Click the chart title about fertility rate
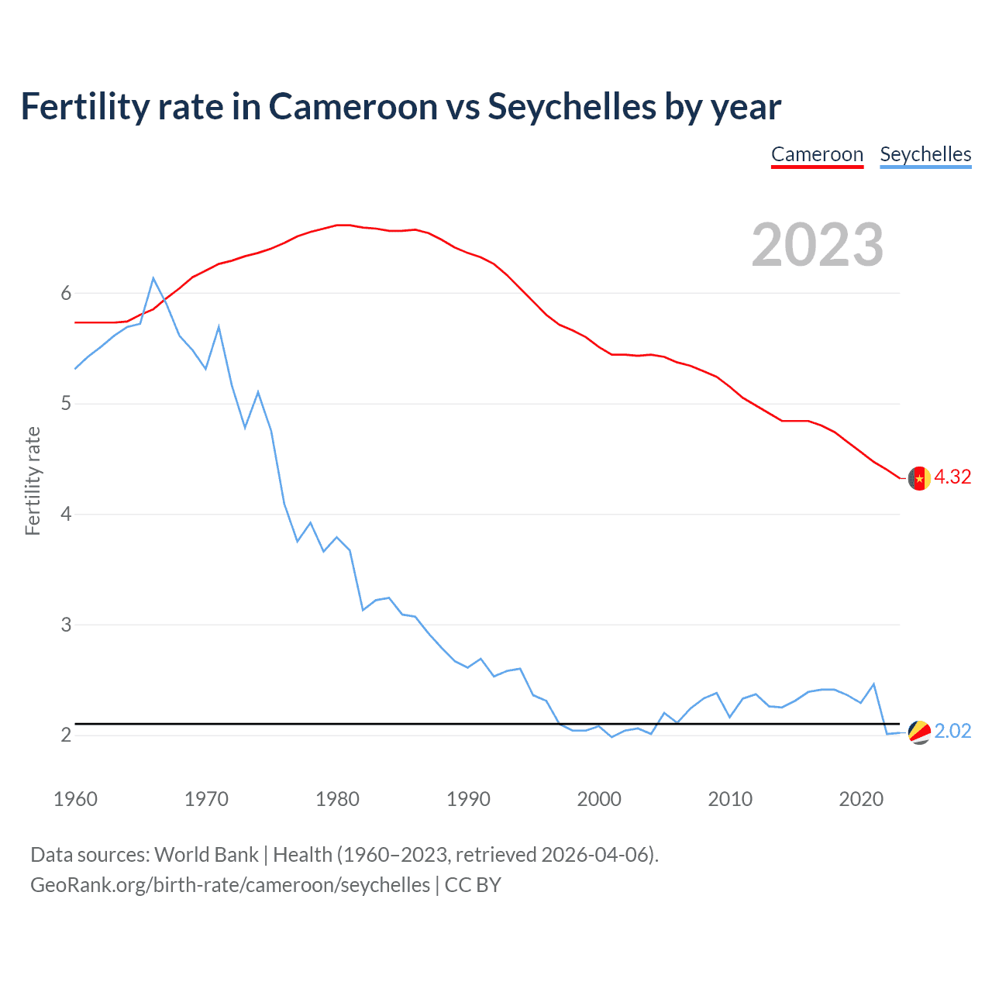401,107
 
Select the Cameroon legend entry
817,154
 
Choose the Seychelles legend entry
925,154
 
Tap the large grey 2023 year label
818,245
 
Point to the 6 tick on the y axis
66,293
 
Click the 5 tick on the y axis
66,404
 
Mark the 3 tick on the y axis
66,625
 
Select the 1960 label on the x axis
75,799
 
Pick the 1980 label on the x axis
337,799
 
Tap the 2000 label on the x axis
599,799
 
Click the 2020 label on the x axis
861,799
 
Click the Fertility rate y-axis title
33,480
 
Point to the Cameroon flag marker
919,478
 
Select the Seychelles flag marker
919,732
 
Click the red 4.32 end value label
952,477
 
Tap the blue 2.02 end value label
952,732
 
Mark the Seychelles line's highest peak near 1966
153,277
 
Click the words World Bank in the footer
206,855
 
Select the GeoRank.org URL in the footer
230,885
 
